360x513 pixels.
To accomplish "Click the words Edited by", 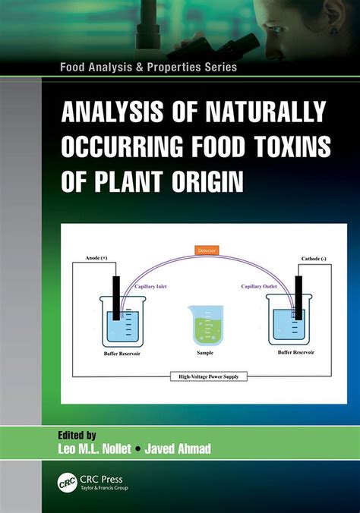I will pos(81,435).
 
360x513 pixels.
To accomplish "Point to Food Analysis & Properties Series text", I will pos(149,67).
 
